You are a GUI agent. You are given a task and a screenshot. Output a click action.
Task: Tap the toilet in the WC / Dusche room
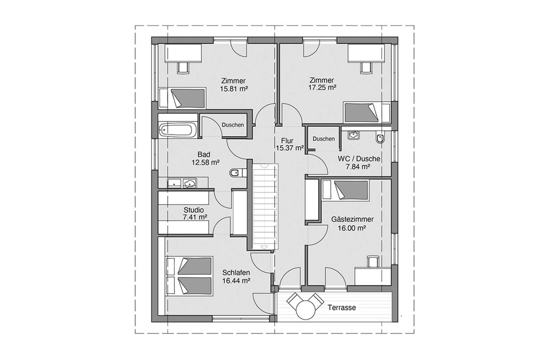pyautogui.click(x=380, y=137)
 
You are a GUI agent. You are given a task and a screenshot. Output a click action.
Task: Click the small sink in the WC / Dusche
pyautogui.click(x=354, y=135)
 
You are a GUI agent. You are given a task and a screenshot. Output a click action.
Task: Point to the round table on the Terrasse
pyautogui.click(x=306, y=310)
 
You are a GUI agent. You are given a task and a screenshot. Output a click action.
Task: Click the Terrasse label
pyautogui.click(x=342, y=308)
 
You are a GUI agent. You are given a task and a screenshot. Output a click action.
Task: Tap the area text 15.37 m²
pyautogui.click(x=289, y=148)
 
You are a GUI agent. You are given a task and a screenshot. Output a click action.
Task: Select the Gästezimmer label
pyautogui.click(x=352, y=220)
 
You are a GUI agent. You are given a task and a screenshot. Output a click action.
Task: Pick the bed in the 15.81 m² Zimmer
pyautogui.click(x=182, y=98)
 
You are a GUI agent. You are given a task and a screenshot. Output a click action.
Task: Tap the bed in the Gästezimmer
pyautogui.click(x=346, y=190)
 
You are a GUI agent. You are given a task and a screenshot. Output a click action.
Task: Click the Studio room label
pyautogui.click(x=194, y=210)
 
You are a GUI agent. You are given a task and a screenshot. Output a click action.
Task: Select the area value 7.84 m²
pyautogui.click(x=358, y=167)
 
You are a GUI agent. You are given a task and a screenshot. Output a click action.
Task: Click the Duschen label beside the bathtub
pyautogui.click(x=233, y=125)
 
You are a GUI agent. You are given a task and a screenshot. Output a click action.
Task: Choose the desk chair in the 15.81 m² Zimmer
pyautogui.click(x=183, y=68)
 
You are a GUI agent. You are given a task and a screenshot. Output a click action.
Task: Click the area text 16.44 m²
pyautogui.click(x=236, y=281)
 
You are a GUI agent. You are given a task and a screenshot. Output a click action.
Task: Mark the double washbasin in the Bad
pyautogui.click(x=182, y=183)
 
